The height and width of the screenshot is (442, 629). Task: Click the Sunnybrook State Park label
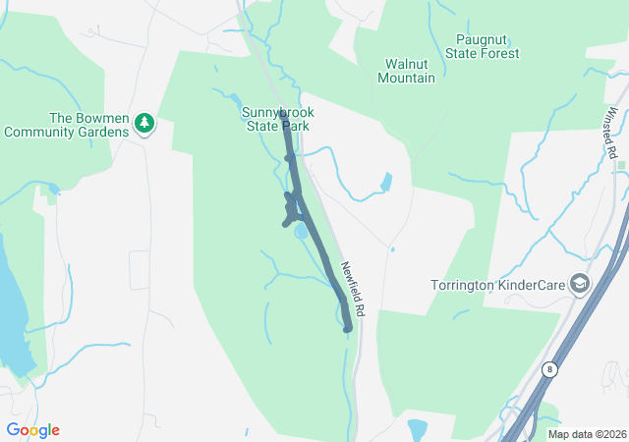click(x=276, y=120)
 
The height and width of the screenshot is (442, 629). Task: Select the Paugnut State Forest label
click(x=487, y=46)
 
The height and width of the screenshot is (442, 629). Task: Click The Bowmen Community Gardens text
click(x=67, y=125)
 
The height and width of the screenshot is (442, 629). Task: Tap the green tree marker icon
click(x=145, y=123)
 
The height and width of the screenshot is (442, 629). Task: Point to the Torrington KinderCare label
click(x=496, y=286)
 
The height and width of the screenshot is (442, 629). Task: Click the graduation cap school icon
click(x=580, y=284)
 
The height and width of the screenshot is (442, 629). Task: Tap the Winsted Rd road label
click(x=610, y=134)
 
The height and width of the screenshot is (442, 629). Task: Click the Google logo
click(x=32, y=430)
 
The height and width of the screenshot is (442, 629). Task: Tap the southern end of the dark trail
click(x=347, y=329)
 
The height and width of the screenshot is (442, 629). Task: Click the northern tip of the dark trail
click(x=281, y=114)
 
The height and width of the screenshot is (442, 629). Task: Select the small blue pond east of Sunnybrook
click(x=386, y=183)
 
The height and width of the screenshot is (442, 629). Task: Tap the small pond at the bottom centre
click(x=418, y=429)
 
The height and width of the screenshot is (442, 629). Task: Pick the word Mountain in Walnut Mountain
click(x=406, y=78)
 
